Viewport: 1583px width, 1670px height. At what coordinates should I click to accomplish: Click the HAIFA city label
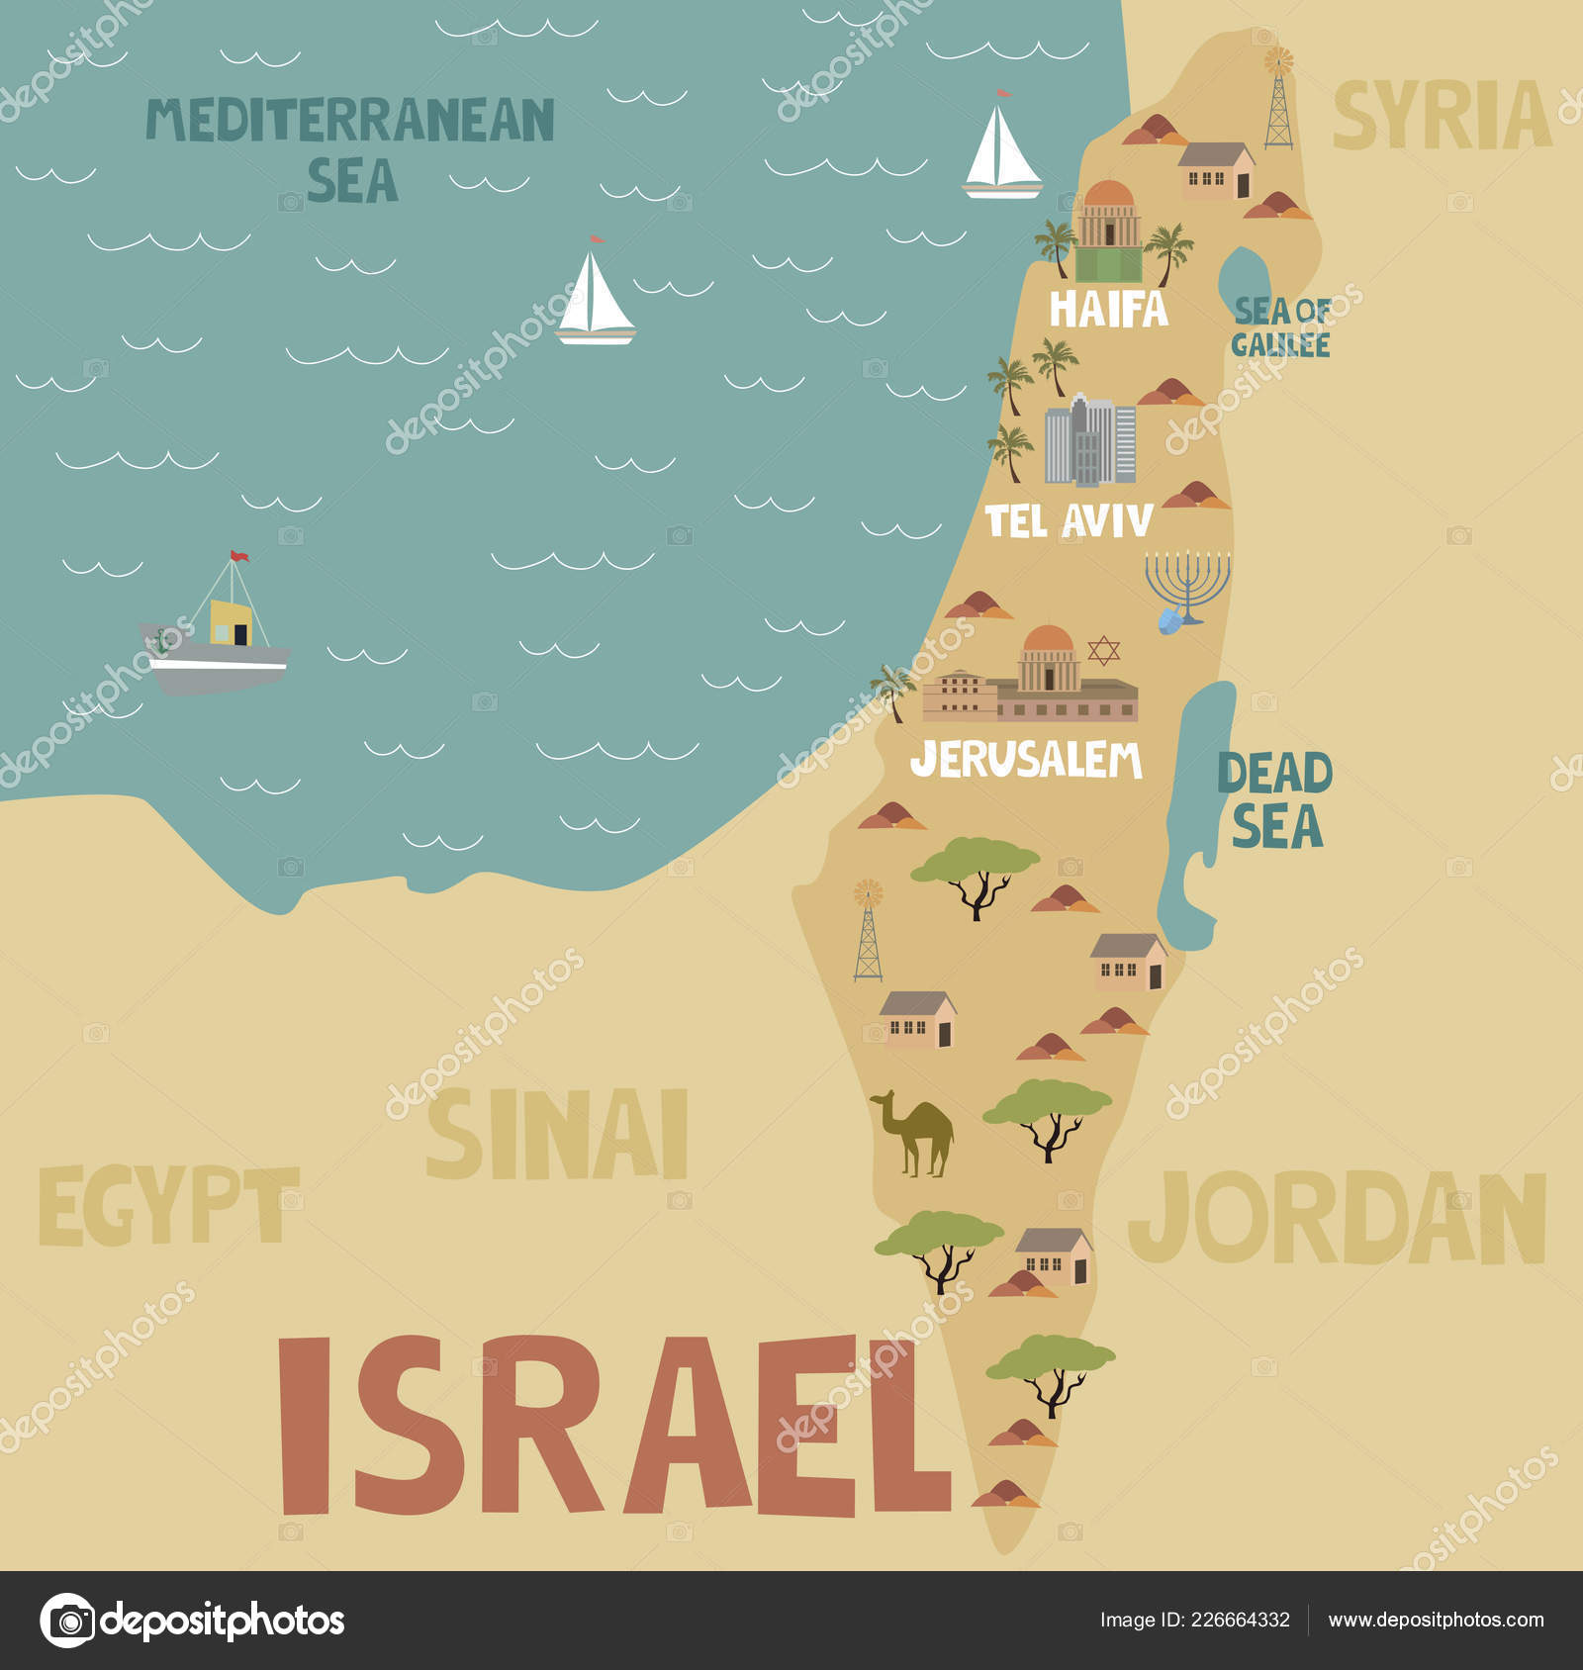(1108, 310)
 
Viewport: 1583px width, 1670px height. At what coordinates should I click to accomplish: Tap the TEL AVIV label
(1070, 520)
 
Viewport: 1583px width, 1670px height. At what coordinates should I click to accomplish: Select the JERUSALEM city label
(1026, 760)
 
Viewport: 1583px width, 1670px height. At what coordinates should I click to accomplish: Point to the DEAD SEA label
(1275, 800)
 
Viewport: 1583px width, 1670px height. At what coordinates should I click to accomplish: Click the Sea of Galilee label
(1281, 327)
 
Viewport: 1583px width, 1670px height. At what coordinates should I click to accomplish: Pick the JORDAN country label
(1337, 1218)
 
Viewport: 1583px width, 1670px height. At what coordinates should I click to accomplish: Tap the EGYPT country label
(168, 1206)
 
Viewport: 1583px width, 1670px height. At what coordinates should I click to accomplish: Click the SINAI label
(557, 1134)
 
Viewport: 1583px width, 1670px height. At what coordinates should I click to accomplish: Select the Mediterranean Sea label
(351, 148)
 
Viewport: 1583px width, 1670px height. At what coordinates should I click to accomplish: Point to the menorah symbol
(1187, 584)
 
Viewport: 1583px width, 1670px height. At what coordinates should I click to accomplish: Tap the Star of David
(1103, 650)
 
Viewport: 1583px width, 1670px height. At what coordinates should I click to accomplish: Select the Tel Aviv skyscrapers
(1090, 442)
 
